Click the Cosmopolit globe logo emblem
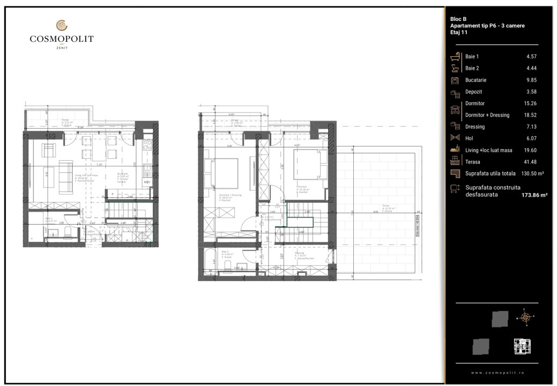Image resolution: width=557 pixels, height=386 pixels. [62, 25]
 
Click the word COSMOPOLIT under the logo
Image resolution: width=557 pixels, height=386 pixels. [62, 39]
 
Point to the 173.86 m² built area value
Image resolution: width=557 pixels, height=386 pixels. [534, 196]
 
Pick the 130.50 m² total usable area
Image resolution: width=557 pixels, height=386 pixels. [529, 173]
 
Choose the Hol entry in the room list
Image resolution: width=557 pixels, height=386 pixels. [469, 138]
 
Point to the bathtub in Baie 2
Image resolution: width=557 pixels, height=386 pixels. [208, 263]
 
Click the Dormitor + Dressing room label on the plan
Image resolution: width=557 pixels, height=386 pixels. [231, 196]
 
